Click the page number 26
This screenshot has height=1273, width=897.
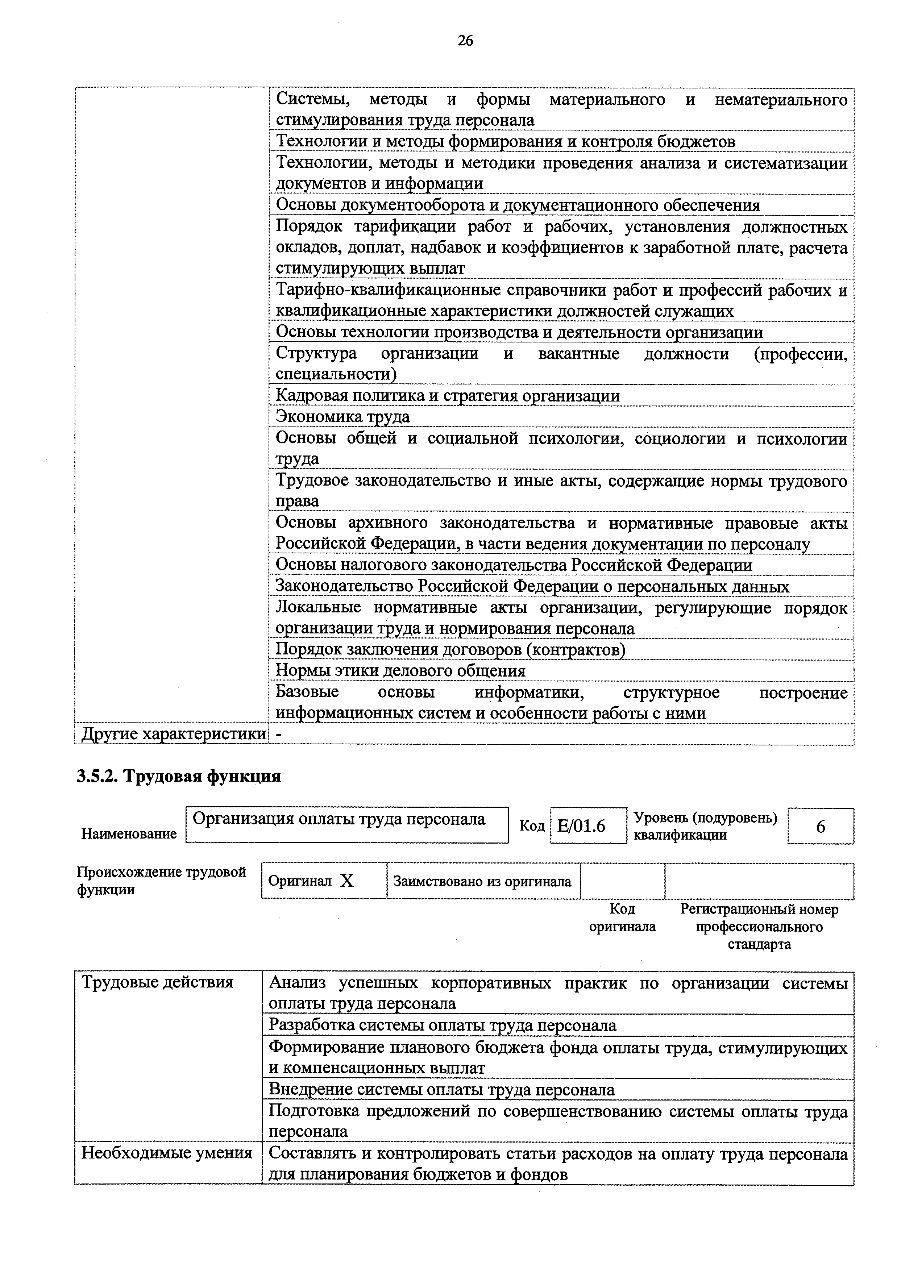click(x=465, y=41)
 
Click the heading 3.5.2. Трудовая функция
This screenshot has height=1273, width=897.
click(x=179, y=776)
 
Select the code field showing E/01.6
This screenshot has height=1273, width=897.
click(x=588, y=826)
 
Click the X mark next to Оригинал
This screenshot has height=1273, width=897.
click(x=347, y=881)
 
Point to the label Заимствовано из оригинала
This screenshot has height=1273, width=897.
click(x=482, y=881)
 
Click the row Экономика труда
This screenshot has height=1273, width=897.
click(x=342, y=416)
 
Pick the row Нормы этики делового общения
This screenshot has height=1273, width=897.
click(x=400, y=671)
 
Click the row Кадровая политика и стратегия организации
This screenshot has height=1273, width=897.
click(x=447, y=396)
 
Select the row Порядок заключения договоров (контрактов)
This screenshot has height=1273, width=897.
click(x=450, y=649)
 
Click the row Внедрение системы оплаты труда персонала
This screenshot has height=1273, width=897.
click(x=441, y=1090)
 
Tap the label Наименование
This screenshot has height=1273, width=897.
click(x=129, y=834)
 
